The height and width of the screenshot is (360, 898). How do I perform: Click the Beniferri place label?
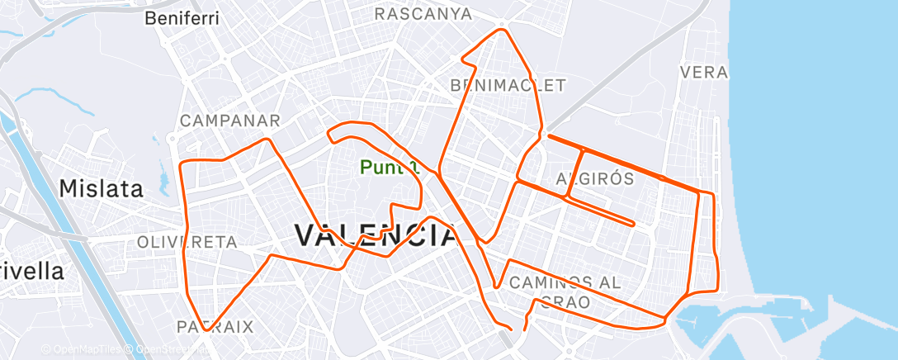[181, 17]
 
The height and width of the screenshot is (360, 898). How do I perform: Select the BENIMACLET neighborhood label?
[508, 85]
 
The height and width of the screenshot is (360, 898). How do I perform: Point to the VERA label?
[704, 73]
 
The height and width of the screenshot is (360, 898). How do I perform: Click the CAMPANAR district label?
[230, 121]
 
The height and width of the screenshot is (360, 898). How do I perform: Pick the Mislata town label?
[102, 188]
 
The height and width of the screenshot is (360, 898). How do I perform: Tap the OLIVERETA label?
[187, 242]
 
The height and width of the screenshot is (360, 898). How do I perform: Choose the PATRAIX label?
[215, 326]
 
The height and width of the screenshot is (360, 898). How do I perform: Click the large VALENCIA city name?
[376, 236]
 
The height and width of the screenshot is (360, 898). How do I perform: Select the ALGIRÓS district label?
[594, 178]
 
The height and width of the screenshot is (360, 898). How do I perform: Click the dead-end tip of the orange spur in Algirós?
[632, 223]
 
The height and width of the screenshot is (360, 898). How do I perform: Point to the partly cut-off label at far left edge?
[31, 270]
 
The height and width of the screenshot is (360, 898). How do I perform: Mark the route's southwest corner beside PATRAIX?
[203, 329]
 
